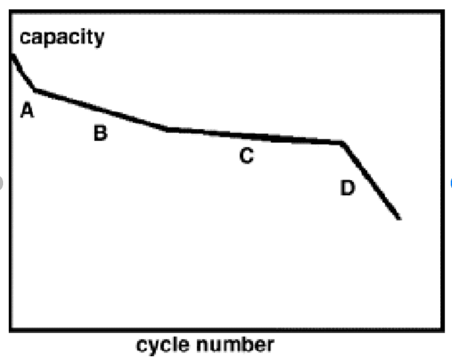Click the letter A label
click(27, 110)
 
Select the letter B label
click(101, 132)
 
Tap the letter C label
click(247, 156)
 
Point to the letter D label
click(348, 187)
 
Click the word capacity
click(62, 37)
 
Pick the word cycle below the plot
click(163, 345)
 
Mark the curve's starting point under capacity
click(12, 56)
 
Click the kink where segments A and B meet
click(35, 90)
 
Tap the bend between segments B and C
click(167, 129)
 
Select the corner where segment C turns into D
click(342, 142)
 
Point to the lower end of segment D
click(399, 219)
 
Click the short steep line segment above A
click(24, 72)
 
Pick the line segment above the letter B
click(101, 110)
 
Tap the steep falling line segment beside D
click(370, 181)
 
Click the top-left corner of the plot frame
click(11, 11)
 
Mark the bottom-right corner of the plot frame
click(443, 329)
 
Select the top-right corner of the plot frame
click(443, 11)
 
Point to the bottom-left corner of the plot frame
click(11, 329)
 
